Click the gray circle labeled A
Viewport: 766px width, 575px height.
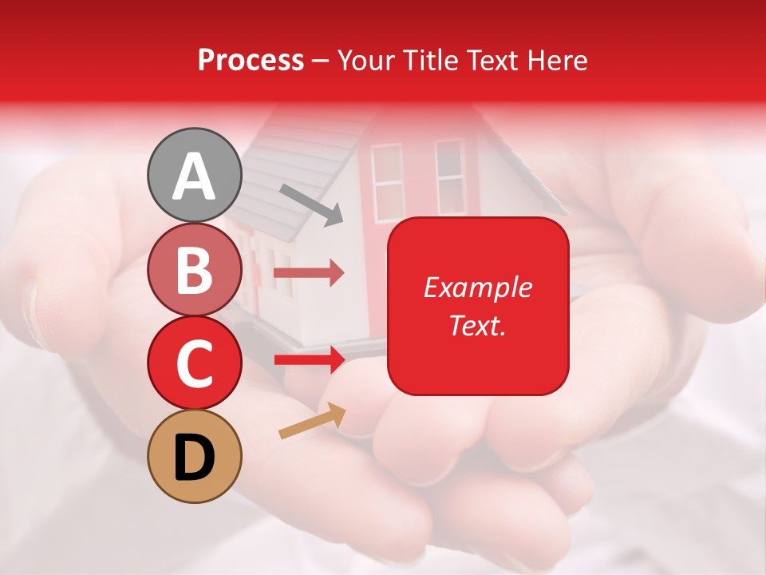coord(195,175)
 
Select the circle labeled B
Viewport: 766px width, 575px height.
coord(195,270)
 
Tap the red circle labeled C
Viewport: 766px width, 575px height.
coord(195,363)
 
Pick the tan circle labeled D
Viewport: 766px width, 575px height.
coord(195,456)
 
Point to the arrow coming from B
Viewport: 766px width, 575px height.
coord(309,273)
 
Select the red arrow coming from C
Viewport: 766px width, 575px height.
coord(309,360)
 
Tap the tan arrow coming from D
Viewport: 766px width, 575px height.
coord(312,421)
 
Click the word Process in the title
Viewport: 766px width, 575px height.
coord(251,61)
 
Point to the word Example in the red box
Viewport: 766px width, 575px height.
coord(478,287)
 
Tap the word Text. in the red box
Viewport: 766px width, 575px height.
coord(478,325)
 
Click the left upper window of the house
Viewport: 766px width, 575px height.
coord(387,182)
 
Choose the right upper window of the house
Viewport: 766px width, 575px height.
coord(449,177)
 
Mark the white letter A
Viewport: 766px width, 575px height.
coord(195,176)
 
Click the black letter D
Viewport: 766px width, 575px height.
coord(195,457)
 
